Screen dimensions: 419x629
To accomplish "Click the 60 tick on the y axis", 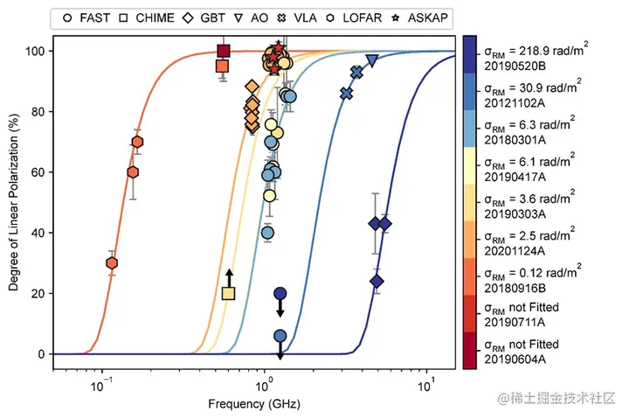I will click(36, 172).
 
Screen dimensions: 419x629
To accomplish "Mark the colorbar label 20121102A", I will click(512, 101).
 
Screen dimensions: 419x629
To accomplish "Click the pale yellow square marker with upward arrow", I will click(229, 293).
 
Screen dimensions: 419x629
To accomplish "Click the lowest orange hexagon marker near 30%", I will click(112, 263).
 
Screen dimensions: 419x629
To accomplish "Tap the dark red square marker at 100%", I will click(224, 51).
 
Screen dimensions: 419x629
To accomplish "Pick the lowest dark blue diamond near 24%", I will click(377, 281).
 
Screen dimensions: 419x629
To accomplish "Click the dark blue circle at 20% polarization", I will click(280, 294).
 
